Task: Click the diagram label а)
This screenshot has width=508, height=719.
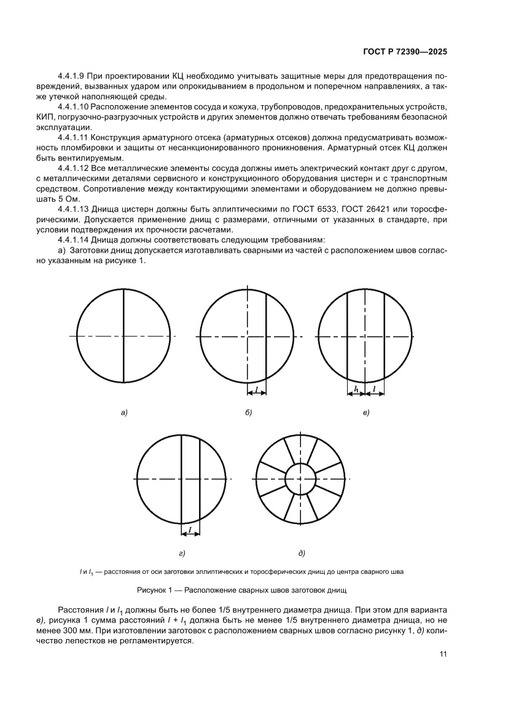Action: point(123,412)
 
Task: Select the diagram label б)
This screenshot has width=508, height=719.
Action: point(248,412)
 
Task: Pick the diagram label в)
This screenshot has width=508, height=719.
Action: point(365,412)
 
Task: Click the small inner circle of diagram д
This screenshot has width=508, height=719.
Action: point(301,478)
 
